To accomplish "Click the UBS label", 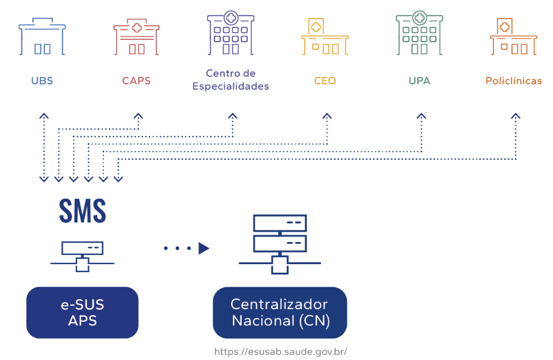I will pos(42,81).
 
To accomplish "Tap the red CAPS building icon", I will pos(136,38).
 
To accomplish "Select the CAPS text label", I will pos(136,81).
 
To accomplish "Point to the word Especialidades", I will pos(231,87).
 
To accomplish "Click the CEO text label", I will pos(325,81).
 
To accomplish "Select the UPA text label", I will pos(420,81).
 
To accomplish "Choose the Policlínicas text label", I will pos(514,81).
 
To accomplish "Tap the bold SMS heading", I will pos(83,211).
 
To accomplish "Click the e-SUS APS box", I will pos(83,312).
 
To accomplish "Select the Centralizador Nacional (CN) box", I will pos(280,312).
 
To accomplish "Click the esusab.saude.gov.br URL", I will pos(280,351).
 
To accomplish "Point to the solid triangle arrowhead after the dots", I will pos(203,248).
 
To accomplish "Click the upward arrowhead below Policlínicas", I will pos(515,116).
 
